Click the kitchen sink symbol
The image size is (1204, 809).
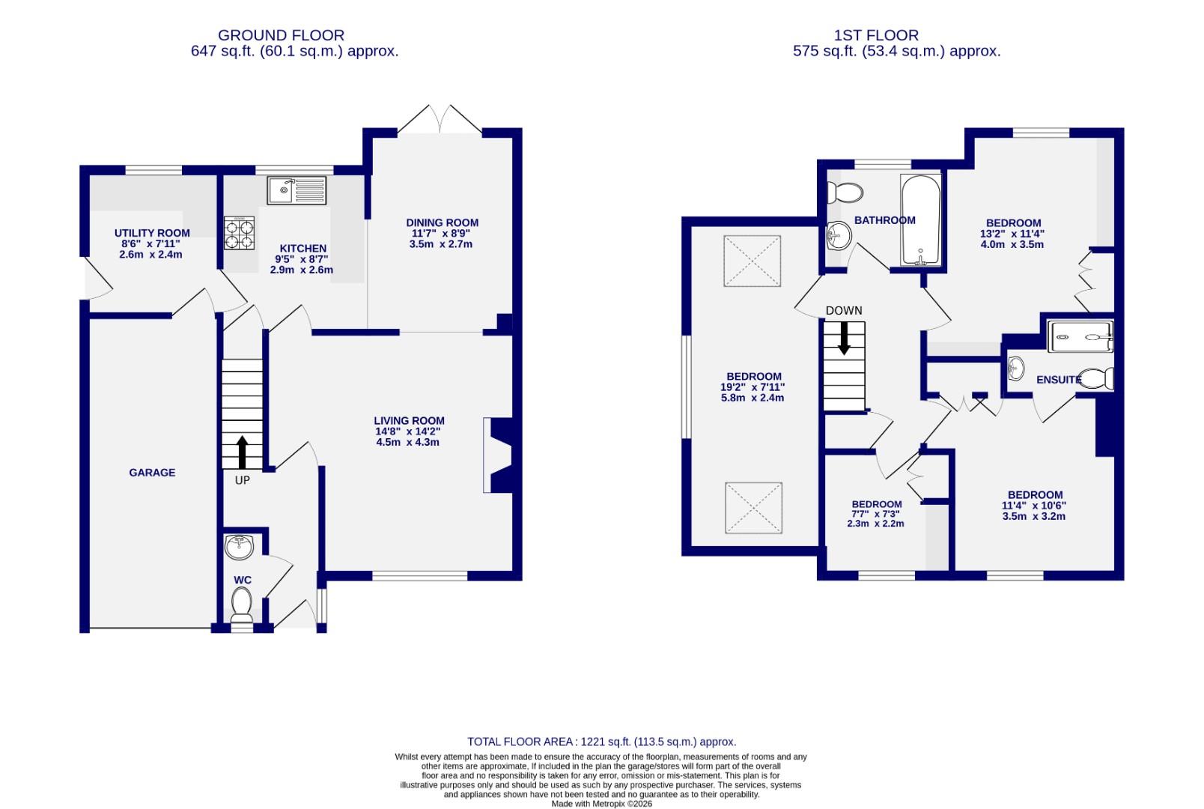click(297, 190)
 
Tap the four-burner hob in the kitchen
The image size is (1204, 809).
click(239, 232)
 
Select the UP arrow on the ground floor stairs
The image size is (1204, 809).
click(242, 452)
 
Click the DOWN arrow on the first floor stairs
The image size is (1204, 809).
click(844, 338)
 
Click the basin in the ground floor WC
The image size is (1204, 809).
click(240, 547)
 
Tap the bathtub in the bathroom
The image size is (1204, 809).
click(919, 220)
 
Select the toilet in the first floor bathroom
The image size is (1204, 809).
click(844, 193)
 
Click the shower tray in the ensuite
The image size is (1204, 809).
click(1080, 336)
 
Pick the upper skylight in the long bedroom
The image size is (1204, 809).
click(753, 261)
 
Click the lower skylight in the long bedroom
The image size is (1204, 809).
click(753, 508)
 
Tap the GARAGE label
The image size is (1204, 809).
click(152, 473)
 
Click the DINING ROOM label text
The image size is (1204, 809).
click(442, 222)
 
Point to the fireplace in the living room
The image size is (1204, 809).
click(497, 455)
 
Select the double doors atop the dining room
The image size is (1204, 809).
click(440, 120)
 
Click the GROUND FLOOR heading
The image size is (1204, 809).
click(281, 35)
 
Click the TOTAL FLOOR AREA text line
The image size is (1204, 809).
click(601, 742)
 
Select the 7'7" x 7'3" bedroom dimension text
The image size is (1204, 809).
click(876, 514)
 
